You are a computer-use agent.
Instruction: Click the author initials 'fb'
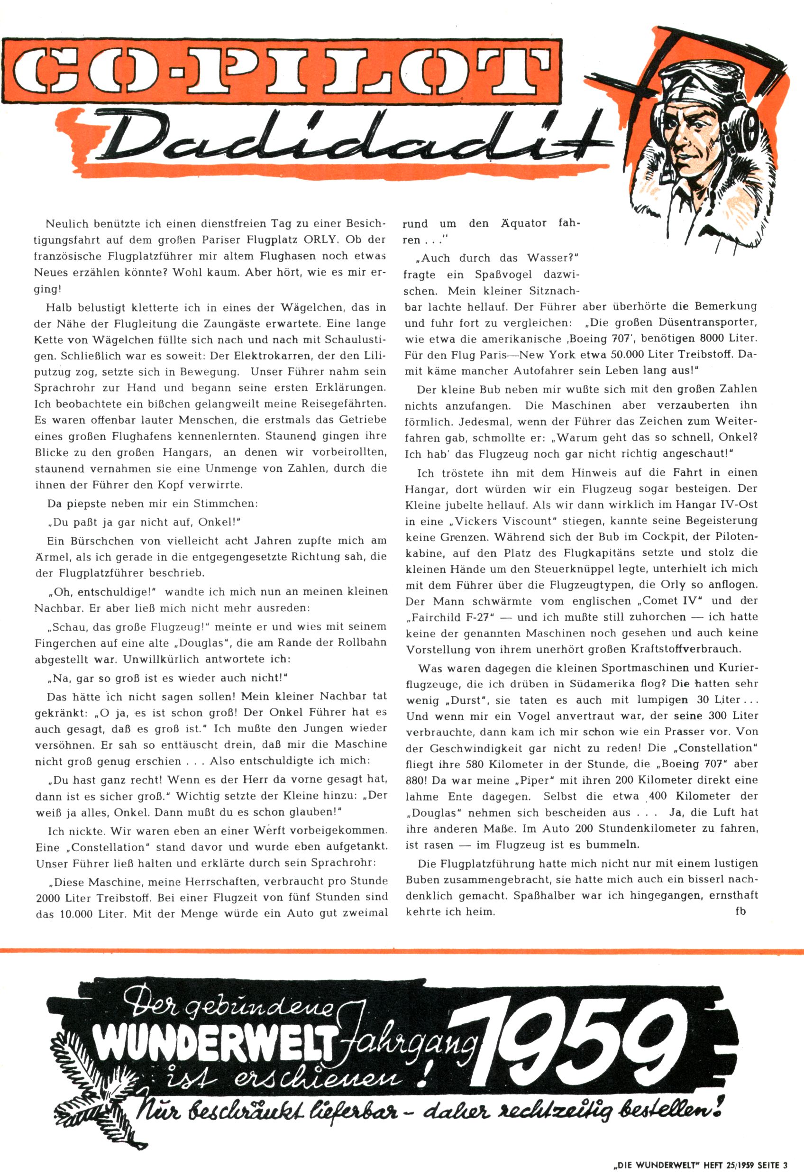pos(740,911)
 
